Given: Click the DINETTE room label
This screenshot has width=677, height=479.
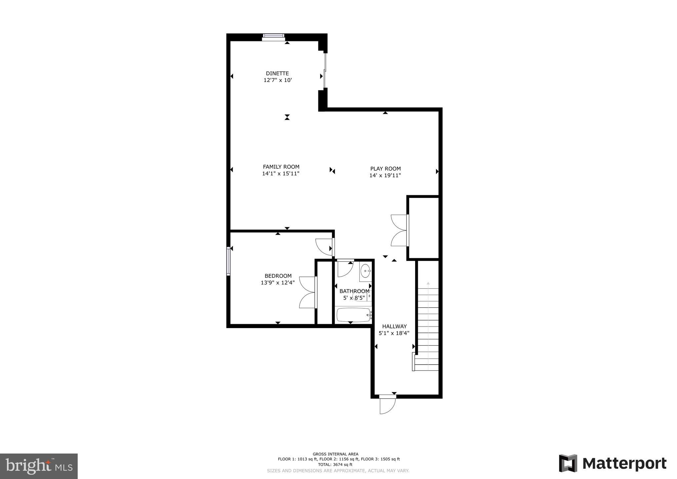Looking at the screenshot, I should [277, 73].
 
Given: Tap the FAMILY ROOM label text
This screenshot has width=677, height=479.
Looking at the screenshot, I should [281, 167].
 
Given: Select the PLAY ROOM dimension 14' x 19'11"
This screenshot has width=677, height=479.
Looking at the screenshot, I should [385, 176].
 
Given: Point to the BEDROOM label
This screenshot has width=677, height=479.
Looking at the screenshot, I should [278, 276].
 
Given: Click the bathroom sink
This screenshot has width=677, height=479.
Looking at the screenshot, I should [365, 271].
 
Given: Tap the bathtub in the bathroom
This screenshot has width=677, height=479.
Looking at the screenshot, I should [353, 315].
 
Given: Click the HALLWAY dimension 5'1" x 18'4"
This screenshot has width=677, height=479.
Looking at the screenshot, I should [394, 333].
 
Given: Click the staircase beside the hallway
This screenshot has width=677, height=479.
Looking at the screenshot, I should [428, 327].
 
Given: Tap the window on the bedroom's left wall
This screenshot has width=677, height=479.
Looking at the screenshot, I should [228, 261].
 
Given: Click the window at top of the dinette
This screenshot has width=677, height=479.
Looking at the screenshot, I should [273, 37].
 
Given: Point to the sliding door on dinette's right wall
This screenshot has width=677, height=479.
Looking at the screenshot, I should [325, 71].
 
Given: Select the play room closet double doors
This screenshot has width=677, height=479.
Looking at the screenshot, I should [399, 230].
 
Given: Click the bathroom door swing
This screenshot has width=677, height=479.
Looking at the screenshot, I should [345, 268].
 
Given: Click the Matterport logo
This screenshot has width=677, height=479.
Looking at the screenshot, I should [613, 463].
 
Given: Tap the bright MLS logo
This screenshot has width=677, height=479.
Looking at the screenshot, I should [39, 466].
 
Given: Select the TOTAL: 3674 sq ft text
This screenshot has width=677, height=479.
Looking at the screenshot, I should [335, 464].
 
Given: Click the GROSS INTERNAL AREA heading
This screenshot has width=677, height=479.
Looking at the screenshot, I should [335, 454].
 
